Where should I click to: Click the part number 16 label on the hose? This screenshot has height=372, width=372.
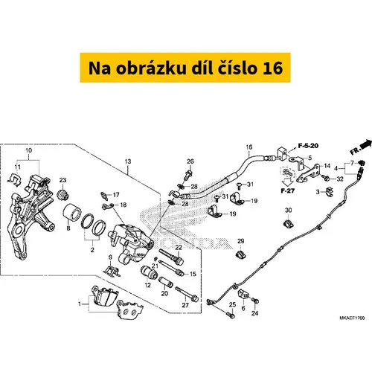coord(249,147)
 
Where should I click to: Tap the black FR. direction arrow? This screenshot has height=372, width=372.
coord(366,144)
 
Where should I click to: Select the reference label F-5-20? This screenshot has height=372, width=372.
coord(308,146)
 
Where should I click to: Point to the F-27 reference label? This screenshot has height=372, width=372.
coord(287,190)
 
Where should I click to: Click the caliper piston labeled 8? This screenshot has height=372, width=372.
coord(71,212)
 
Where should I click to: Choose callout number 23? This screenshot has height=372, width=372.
coord(62,180)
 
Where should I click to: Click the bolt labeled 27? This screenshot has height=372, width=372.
coord(187,295)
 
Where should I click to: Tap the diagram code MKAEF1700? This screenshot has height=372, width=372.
coord(352,318)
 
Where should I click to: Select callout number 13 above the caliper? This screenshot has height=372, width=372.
coord(128,161)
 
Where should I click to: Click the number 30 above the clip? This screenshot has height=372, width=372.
coord(288,211)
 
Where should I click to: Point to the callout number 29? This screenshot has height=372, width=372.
coord(240,241)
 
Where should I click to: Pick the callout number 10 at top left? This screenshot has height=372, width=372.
coord(28,150)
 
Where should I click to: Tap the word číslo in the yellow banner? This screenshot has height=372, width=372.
coord(238,68)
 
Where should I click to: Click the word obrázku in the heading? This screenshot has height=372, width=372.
coord(151,68)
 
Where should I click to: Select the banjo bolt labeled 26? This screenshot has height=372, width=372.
coord(188,175)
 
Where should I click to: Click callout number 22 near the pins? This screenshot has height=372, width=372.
coord(179,247)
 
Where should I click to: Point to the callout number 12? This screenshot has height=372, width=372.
coord(147,285)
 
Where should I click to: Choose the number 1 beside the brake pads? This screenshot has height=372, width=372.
coord(80,304)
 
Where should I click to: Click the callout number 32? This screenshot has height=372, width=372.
coord(340,179)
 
